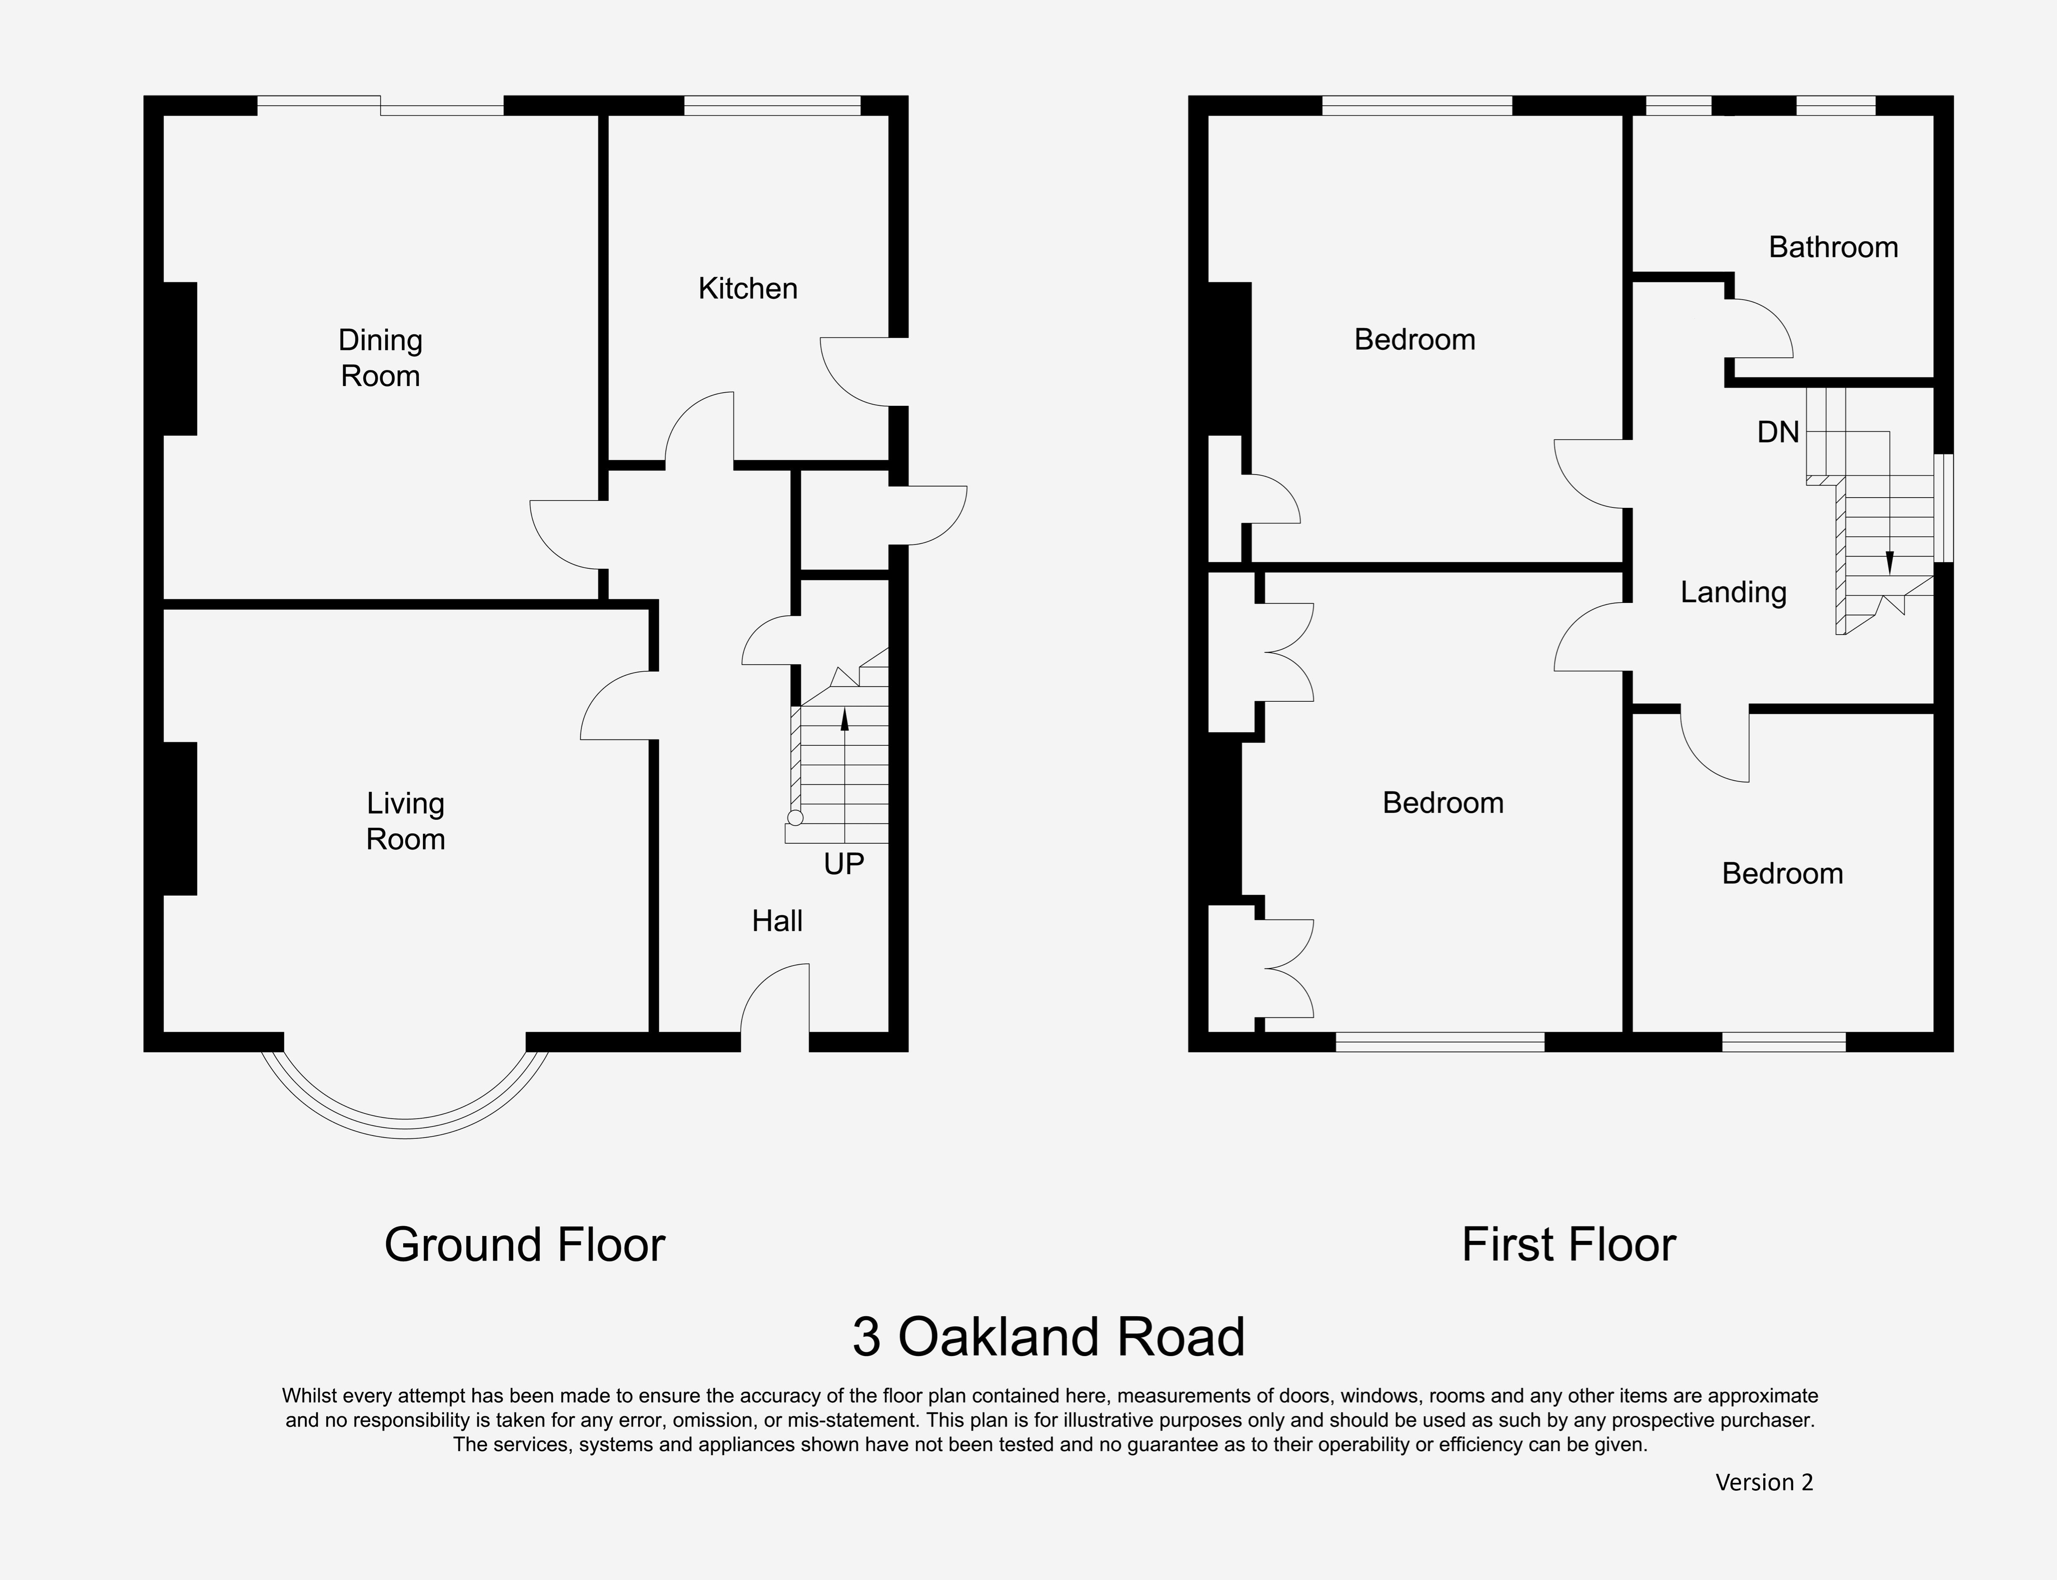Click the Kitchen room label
point(748,289)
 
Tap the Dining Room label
point(380,357)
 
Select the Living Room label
point(405,821)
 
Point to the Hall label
point(777,921)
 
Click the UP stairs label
point(843,863)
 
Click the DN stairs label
point(1778,433)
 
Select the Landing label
point(1733,593)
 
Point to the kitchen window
point(771,105)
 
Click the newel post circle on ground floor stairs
point(795,817)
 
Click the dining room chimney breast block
point(179,358)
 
